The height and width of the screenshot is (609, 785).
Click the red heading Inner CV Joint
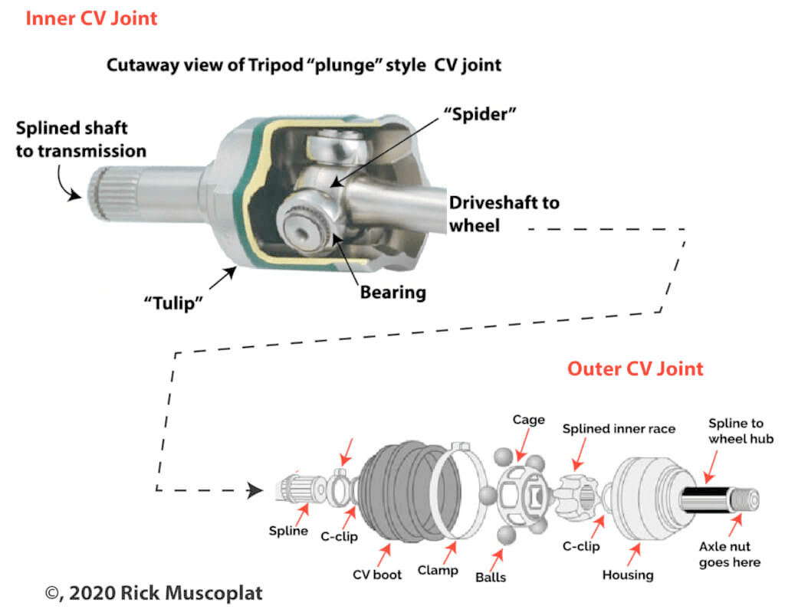click(x=92, y=18)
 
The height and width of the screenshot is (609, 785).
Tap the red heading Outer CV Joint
click(x=636, y=368)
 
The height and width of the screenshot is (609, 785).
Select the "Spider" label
click(x=480, y=114)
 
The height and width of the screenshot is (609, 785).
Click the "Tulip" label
click(x=173, y=303)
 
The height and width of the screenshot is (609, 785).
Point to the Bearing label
click(x=393, y=292)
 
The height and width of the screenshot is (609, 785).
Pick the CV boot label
click(x=377, y=575)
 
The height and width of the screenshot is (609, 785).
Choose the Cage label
click(x=529, y=421)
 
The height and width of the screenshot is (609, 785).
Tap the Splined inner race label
click(x=619, y=429)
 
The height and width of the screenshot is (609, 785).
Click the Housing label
click(x=628, y=575)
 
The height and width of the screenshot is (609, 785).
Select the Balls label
click(x=491, y=577)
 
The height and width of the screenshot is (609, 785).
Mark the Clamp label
click(x=438, y=571)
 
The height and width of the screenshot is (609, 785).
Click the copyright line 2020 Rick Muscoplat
click(x=153, y=593)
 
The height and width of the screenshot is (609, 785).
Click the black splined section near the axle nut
click(x=704, y=499)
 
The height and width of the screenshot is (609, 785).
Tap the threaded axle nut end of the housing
click(x=744, y=499)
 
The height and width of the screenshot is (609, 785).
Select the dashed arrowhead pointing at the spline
click(x=255, y=490)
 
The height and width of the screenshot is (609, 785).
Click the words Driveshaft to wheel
click(x=504, y=214)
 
